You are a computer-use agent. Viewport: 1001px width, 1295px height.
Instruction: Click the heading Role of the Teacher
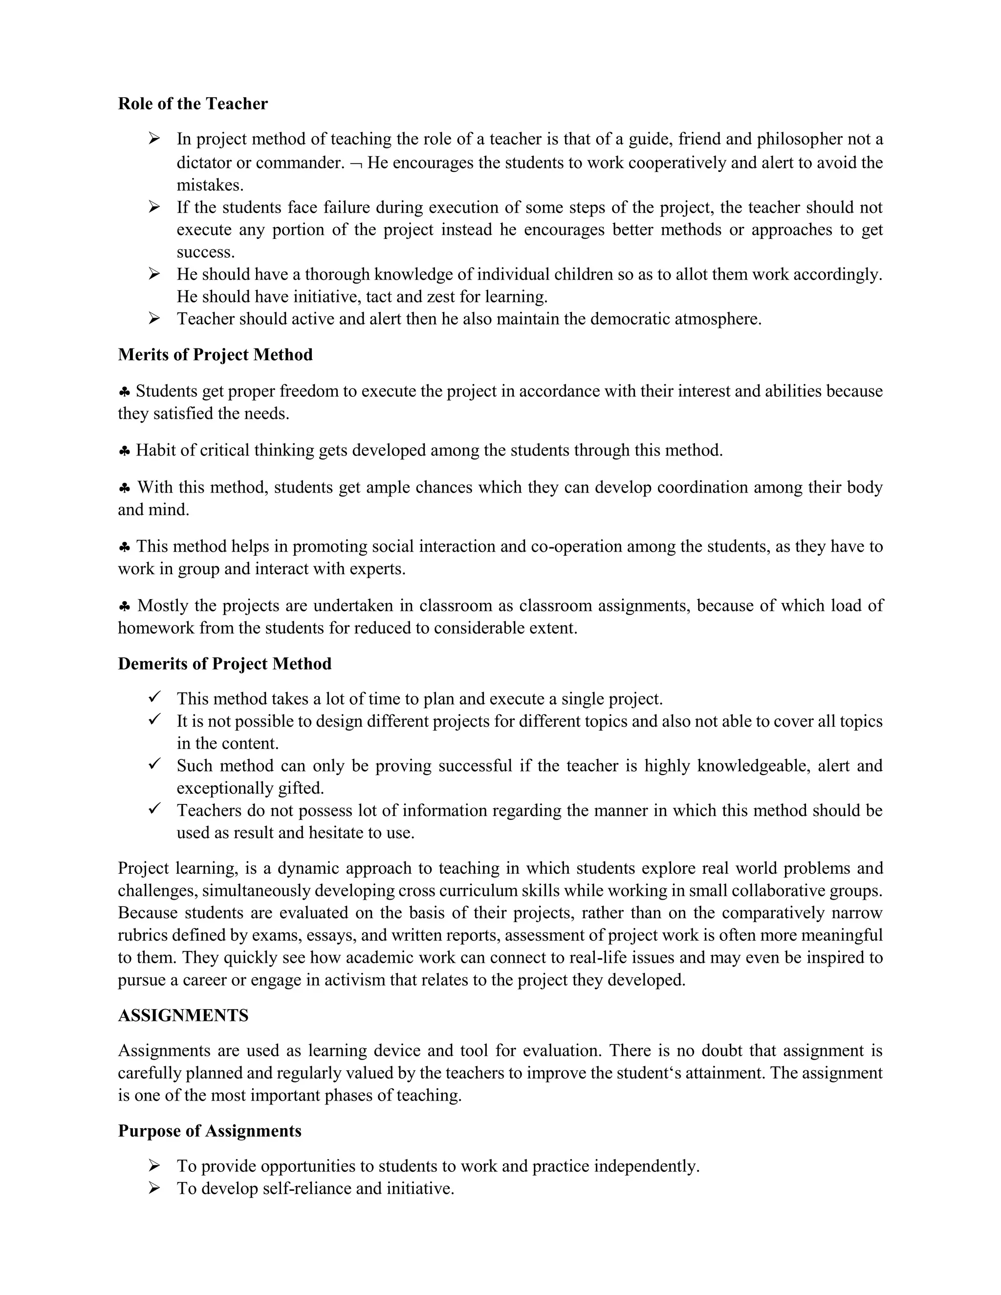193,104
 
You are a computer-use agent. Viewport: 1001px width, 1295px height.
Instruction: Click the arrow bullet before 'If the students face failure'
154,207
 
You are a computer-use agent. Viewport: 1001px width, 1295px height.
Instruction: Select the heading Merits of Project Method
215,355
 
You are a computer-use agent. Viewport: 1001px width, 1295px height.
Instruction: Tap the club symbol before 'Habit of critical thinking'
125,451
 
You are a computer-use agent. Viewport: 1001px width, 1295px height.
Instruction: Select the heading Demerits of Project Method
224,664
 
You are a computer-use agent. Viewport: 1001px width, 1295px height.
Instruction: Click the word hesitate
345,833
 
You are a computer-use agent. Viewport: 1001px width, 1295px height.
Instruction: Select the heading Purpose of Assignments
209,1131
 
